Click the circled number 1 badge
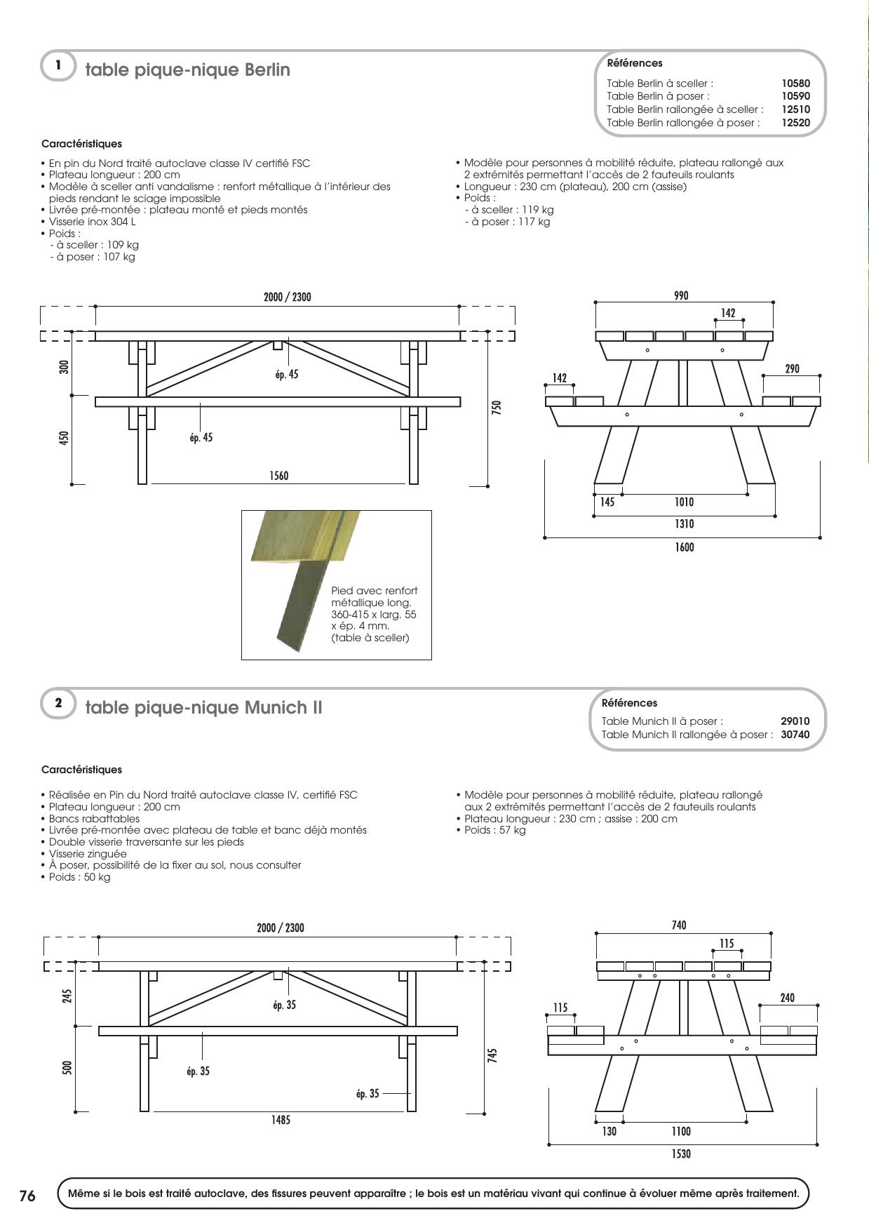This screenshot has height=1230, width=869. pos(59,66)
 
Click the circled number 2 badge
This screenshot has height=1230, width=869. pos(59,703)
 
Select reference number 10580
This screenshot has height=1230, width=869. pos(795,83)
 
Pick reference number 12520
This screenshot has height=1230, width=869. pos(795,122)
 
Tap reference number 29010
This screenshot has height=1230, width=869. pos(795,721)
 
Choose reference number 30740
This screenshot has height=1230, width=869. pos(795,734)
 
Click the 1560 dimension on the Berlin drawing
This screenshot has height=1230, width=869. pos(278,476)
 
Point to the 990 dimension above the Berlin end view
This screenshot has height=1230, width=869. pos(681,295)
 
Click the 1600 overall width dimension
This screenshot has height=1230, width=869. pos(684,547)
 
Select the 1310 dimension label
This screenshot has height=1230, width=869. pos(684,523)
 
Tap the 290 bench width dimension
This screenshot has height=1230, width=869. pos(792,368)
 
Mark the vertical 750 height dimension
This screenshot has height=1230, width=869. pos(497,407)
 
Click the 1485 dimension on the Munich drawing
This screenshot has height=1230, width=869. pos(281,1120)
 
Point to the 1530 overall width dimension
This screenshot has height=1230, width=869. pos(680,1154)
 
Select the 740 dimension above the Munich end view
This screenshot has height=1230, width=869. pos(679,925)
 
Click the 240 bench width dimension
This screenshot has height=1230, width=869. pos(787,997)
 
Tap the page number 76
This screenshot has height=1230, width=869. pos(27,1196)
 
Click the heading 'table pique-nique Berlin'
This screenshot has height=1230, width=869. pos(187,70)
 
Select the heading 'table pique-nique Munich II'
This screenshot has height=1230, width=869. pos(203,707)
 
